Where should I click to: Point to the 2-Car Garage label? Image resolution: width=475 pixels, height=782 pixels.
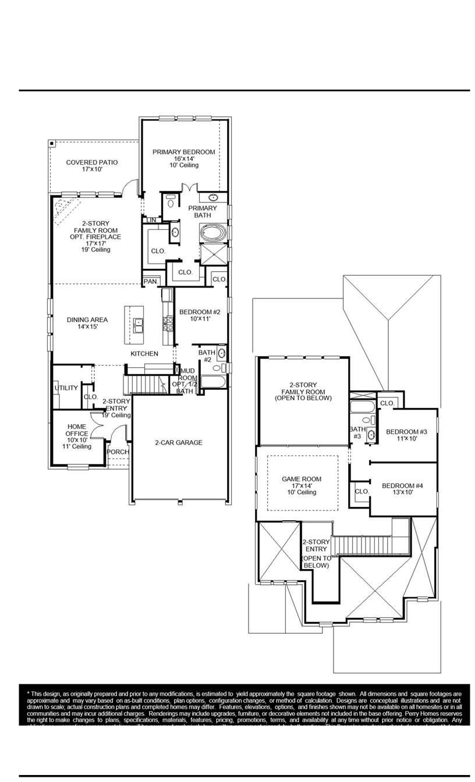(179, 443)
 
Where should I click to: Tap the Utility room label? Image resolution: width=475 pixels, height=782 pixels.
(66, 388)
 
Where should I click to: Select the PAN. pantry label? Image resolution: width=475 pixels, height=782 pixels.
(150, 282)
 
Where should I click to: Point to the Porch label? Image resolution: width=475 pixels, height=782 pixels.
(118, 452)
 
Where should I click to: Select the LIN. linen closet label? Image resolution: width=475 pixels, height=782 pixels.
(151, 220)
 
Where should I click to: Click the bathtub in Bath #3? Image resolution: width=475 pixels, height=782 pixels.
(364, 407)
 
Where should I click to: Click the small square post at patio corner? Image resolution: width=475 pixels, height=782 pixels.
(52, 143)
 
